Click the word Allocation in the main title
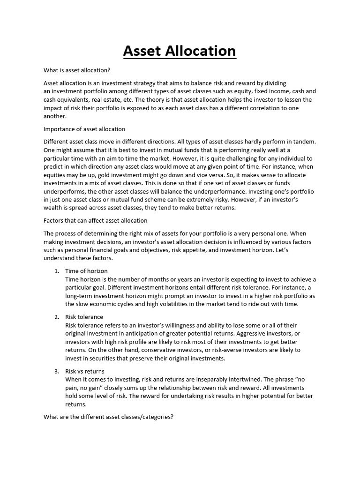tap(201, 51)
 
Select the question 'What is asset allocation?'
tap(77, 70)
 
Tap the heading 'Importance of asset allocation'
tap(84, 129)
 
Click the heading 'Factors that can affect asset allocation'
tap(96, 220)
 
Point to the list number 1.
tap(56, 271)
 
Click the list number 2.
tap(56, 317)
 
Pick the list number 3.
tap(56, 371)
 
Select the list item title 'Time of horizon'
tap(86, 271)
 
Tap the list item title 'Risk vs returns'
tap(85, 371)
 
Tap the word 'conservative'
tap(171, 350)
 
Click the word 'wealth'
tap(53, 208)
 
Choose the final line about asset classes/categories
tap(109, 416)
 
